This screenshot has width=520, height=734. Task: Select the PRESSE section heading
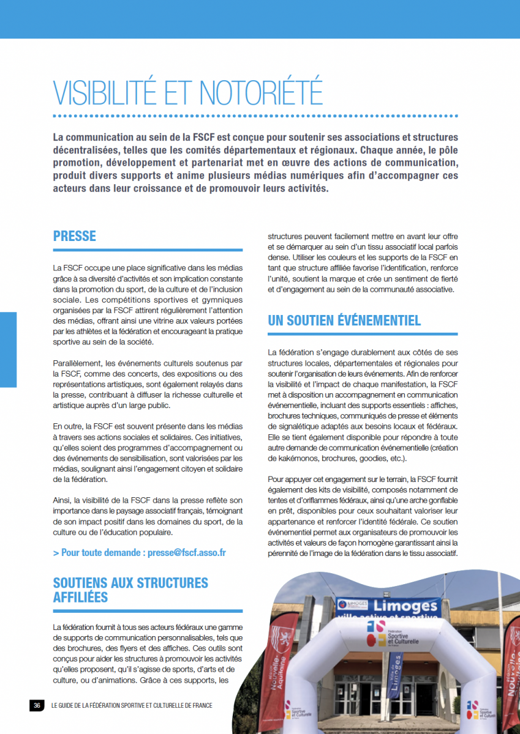click(x=75, y=236)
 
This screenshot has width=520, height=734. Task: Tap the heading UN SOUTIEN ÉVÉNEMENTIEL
click(x=344, y=321)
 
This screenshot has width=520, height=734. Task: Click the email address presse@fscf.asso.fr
click(x=187, y=552)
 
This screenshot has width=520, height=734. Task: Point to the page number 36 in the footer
click(x=37, y=705)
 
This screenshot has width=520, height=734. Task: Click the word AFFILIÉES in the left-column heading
click(x=80, y=596)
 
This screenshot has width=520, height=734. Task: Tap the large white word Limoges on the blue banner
click(x=407, y=607)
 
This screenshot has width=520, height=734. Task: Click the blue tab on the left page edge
click(x=8, y=349)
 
